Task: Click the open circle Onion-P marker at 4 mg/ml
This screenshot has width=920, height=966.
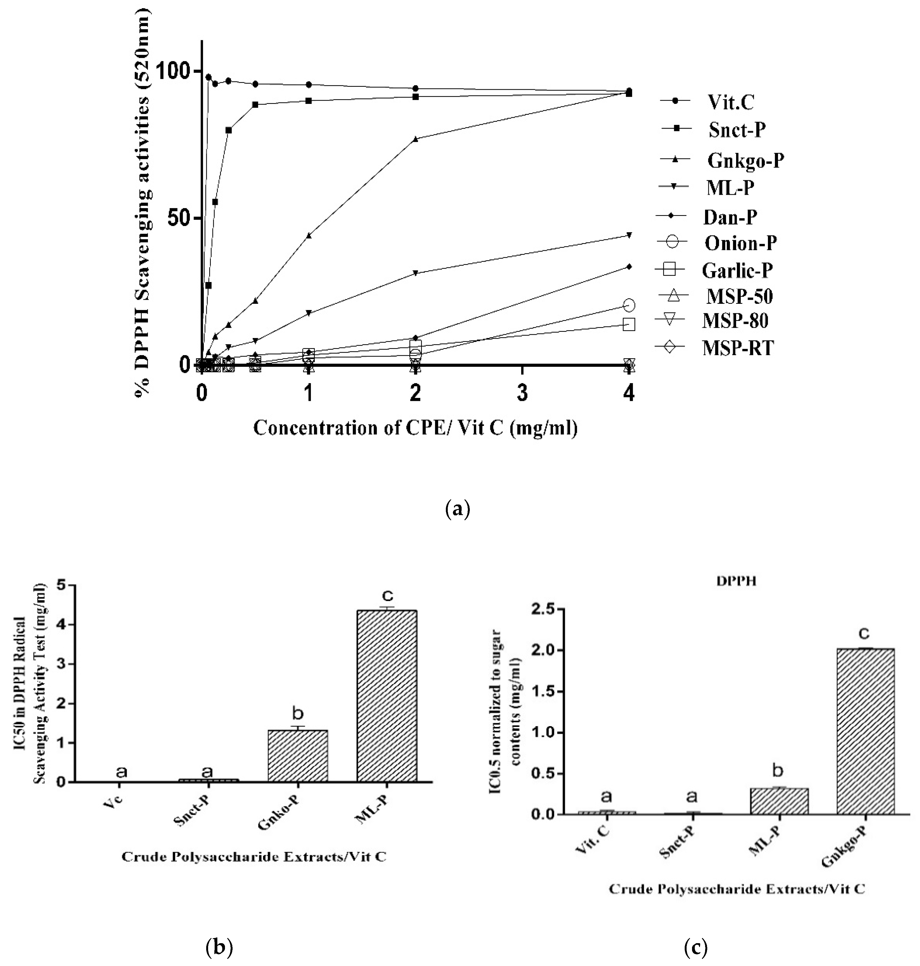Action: coord(629,305)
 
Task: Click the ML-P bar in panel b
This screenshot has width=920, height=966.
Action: coord(387,696)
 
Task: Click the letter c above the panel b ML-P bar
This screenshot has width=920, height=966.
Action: coord(387,596)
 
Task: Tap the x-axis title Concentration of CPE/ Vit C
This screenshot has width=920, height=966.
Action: coord(415,428)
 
